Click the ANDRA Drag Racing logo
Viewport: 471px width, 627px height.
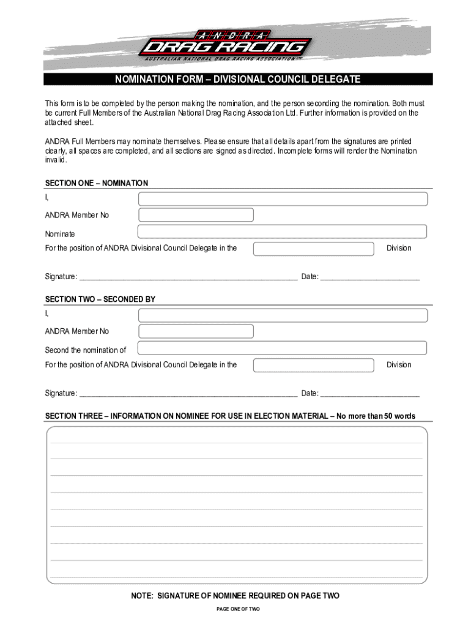coord(225,45)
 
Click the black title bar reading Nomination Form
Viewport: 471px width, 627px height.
coord(238,80)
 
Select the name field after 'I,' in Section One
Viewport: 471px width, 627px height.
coord(283,199)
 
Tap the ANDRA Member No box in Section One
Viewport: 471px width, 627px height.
coord(196,215)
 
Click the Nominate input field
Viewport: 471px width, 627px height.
coord(282,231)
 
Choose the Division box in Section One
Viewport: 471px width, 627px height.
coord(313,249)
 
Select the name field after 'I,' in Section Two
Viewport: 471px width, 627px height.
coord(283,315)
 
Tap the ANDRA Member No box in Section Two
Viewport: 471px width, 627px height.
coord(196,331)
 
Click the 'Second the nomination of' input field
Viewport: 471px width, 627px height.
coord(282,348)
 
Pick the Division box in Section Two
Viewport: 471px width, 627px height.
coord(313,366)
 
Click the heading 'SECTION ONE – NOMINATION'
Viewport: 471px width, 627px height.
coord(97,183)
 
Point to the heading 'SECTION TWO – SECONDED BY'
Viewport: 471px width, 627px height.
coord(100,299)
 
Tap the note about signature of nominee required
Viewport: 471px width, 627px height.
coord(235,596)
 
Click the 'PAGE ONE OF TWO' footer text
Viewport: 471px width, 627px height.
coord(237,609)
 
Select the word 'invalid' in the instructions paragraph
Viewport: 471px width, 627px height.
coord(54,160)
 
